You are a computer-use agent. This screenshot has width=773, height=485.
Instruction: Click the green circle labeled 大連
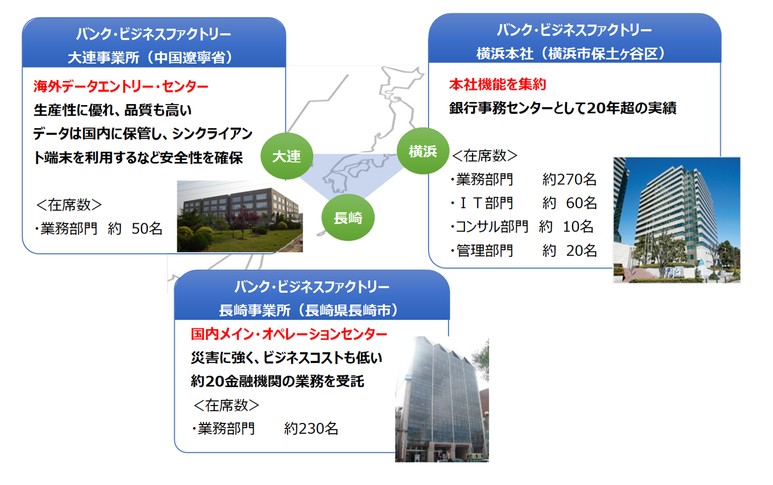287,156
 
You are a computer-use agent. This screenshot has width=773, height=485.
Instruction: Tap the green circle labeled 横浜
423,151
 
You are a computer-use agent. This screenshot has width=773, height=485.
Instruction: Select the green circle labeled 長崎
348,218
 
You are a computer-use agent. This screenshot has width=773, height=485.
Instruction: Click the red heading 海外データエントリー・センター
121,86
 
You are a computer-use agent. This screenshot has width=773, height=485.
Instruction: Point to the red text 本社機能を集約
497,85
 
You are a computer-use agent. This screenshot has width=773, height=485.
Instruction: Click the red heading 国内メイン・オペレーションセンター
289,334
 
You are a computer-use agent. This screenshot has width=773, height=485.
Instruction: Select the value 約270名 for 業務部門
569,179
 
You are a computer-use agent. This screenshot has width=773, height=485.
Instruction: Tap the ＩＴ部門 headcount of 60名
581,203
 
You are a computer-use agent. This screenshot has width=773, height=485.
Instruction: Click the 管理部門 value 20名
581,250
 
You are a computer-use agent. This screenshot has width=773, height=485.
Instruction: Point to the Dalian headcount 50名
147,228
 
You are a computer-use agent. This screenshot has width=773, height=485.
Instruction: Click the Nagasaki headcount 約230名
311,429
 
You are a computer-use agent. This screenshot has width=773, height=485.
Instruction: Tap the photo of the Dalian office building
240,217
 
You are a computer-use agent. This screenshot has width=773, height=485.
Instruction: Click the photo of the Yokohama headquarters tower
677,220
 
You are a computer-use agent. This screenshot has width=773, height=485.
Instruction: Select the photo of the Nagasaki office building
442,399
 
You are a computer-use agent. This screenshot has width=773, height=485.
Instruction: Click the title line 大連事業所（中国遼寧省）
151,57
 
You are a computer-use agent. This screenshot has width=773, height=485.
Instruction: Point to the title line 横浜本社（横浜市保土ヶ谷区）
571,54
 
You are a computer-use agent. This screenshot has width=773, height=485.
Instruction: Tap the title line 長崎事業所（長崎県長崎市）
309,310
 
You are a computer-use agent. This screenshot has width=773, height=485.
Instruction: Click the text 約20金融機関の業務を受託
277,381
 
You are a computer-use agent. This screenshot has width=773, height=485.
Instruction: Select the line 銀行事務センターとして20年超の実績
562,108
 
